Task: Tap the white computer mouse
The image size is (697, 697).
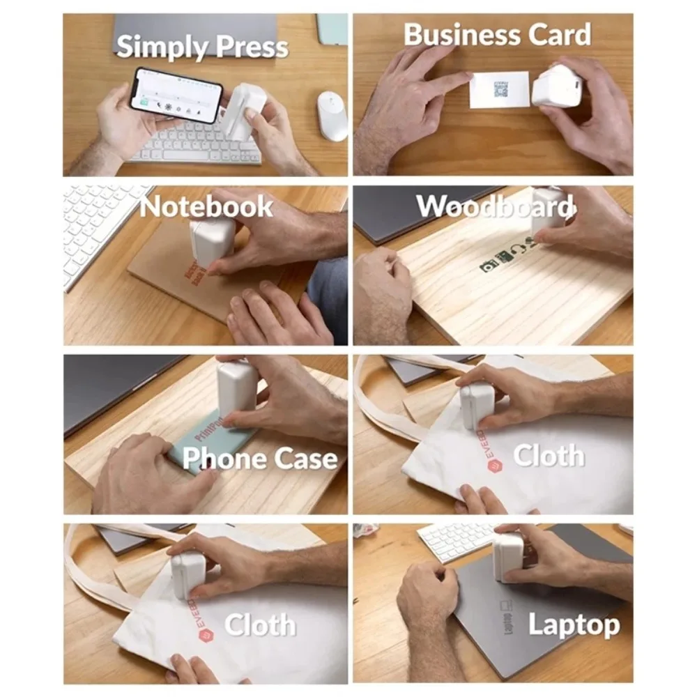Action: [332, 115]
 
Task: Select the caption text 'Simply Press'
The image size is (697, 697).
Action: [202, 47]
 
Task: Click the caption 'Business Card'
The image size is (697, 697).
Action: [497, 35]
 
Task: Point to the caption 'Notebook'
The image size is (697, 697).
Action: [206, 206]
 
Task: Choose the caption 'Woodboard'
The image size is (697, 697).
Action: [495, 206]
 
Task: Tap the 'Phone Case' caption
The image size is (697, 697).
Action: [259, 459]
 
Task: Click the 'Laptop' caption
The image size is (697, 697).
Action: [573, 625]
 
